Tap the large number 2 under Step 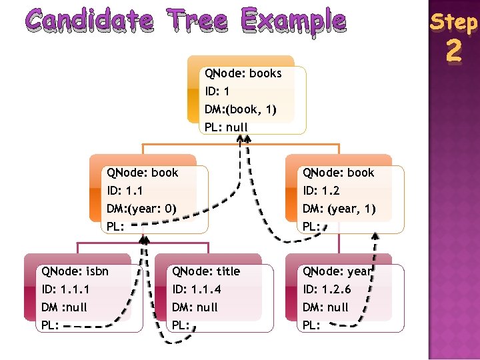[x=453, y=51]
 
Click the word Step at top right [x=453, y=22]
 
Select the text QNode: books [x=243, y=73]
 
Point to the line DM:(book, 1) [x=241, y=109]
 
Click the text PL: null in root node [x=226, y=127]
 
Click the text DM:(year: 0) [x=141, y=209]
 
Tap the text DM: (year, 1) [x=339, y=209]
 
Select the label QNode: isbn [x=75, y=271]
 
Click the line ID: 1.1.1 [x=65, y=289]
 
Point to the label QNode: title [x=206, y=271]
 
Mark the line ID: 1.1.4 [x=196, y=289]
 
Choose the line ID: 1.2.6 [x=327, y=289]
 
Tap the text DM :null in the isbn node [x=65, y=307]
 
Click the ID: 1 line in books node [x=217, y=91]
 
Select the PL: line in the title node [x=181, y=325]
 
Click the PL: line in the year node [x=312, y=325]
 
